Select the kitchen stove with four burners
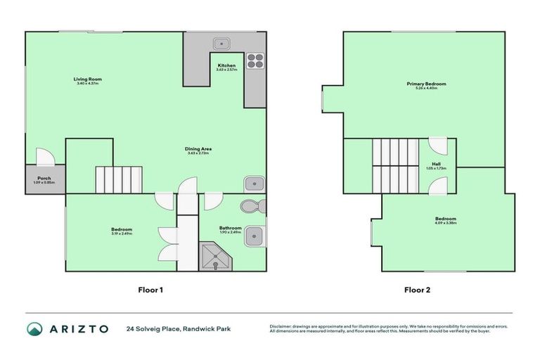click(x=255, y=61)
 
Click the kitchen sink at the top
click(x=223, y=43)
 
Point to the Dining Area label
click(x=198, y=149)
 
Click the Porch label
click(x=44, y=179)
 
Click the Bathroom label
click(x=230, y=229)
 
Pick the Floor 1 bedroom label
click(x=122, y=230)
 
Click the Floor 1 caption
click(x=150, y=289)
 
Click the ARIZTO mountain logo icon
click(x=34, y=328)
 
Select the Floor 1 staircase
click(x=120, y=179)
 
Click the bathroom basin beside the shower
click(x=254, y=236)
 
